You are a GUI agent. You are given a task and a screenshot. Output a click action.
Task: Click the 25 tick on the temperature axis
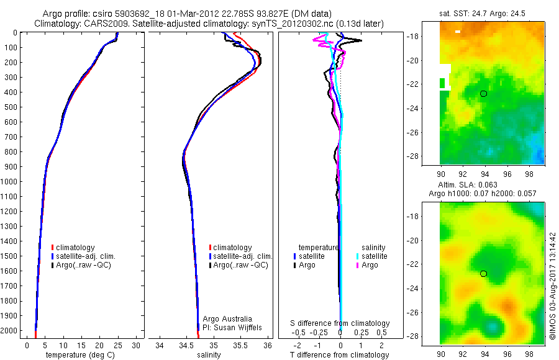pyautogui.click(x=117, y=344)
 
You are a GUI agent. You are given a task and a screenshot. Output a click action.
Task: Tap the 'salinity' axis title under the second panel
pyautogui.click(x=209, y=355)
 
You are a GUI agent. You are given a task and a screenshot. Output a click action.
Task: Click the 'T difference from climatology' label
pyautogui.click(x=340, y=355)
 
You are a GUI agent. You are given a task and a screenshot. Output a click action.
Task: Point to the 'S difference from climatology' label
pyautogui.click(x=340, y=323)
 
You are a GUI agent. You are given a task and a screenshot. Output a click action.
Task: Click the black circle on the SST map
pyautogui.click(x=484, y=94)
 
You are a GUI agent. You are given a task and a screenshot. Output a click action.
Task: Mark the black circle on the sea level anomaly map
pyautogui.click(x=484, y=274)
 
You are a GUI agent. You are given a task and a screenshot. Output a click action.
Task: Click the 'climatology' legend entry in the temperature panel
pyautogui.click(x=75, y=248)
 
